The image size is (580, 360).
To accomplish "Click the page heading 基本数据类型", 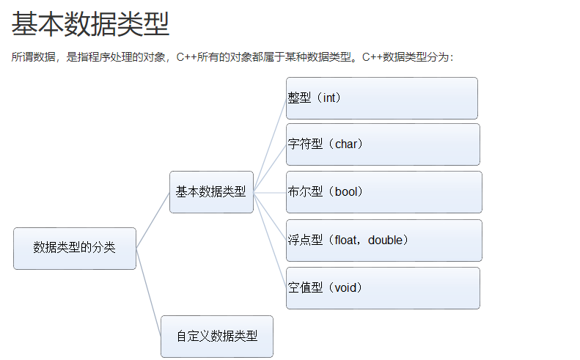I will pos(90,24).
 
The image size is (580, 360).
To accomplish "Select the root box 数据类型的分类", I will pos(75,248).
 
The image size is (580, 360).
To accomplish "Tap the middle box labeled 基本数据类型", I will pos(211,192).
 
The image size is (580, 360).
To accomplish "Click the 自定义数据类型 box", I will pos(217,337).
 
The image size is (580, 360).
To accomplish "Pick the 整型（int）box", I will pos(382,98).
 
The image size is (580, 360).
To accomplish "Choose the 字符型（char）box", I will pos(383,144).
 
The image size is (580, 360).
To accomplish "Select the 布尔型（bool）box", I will pos(383,192).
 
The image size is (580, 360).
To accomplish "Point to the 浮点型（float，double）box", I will pos(383,240).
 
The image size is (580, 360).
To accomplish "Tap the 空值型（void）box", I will pos(383,288).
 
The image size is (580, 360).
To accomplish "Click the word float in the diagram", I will pos(345,240).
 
